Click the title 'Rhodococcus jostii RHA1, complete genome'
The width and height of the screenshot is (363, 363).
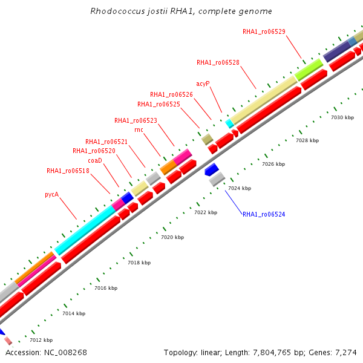coord(181,11)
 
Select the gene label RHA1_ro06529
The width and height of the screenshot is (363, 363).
coord(264,31)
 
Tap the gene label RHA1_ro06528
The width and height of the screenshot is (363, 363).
coord(218,62)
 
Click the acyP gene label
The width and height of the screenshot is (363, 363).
coord(203,83)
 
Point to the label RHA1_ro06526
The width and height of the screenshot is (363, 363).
coord(171,94)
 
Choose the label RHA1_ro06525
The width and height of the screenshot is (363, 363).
coord(159,104)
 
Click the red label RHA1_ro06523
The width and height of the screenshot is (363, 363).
coord(136,120)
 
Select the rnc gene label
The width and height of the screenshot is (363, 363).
coord(139,129)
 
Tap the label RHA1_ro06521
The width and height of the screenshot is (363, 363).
coord(106,142)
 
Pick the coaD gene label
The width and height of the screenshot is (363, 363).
coord(95,160)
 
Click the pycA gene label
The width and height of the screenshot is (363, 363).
coord(51,194)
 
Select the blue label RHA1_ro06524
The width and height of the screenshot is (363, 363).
coord(264,214)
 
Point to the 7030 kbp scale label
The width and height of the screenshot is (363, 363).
coord(342,117)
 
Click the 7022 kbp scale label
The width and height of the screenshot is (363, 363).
coord(206,212)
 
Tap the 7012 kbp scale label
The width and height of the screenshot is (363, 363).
coord(41,340)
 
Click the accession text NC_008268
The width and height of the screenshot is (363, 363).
coord(47,352)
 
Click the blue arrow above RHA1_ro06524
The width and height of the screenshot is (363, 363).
coord(212,169)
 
